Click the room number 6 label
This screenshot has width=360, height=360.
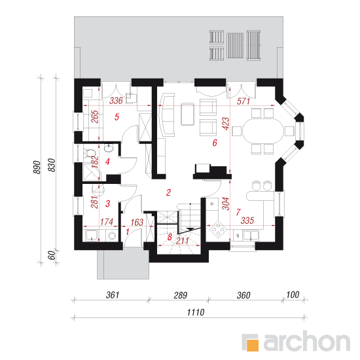[215, 143]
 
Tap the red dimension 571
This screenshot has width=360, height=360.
[243, 101]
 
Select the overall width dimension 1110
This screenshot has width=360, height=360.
[196, 312]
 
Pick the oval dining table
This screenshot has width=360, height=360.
[263, 131]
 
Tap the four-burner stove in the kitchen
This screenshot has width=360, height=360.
[217, 229]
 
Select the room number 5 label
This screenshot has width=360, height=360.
[117, 117]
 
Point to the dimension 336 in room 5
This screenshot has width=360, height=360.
[116, 101]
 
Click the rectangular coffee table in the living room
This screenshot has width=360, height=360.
[188, 114]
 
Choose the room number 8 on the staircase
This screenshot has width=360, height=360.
[170, 237]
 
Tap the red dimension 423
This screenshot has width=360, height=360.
[226, 124]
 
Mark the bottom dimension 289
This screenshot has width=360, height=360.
[181, 295]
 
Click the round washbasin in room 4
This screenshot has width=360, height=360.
[109, 148]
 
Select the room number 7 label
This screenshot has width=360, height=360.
[238, 212]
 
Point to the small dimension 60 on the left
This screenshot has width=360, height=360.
[52, 255]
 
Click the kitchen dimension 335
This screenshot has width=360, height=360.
[247, 221]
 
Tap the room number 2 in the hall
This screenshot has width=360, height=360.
[168, 192]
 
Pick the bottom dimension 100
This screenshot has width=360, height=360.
[293, 295]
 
